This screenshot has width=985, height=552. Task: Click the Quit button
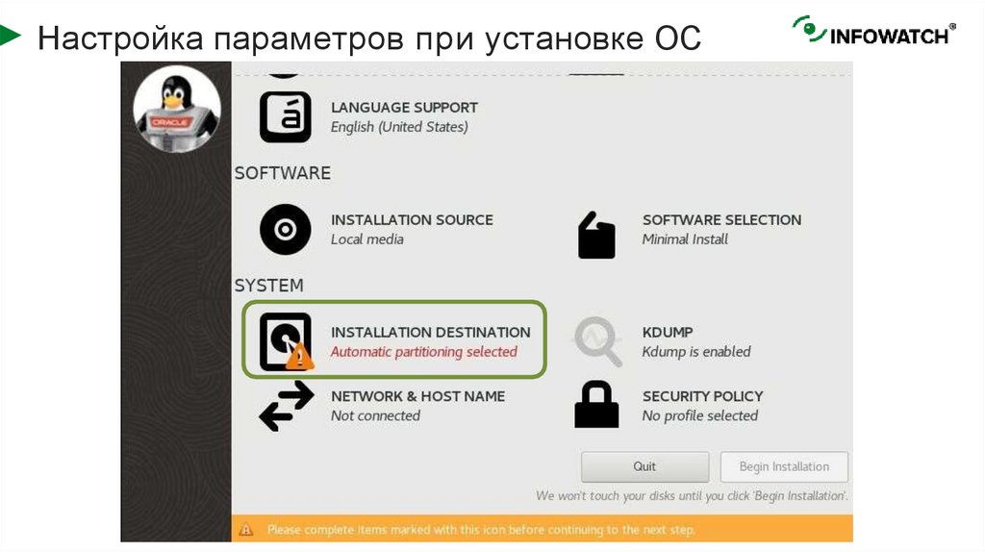pyautogui.click(x=644, y=467)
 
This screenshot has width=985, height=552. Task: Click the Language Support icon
pyautogui.click(x=286, y=117)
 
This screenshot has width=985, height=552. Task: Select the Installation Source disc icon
pyautogui.click(x=286, y=230)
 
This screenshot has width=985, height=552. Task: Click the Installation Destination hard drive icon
pyautogui.click(x=286, y=341)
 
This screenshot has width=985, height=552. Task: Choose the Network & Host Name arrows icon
pyautogui.click(x=286, y=405)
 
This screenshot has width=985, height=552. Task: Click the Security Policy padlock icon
pyautogui.click(x=596, y=405)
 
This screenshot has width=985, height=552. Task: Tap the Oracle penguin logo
pyautogui.click(x=176, y=108)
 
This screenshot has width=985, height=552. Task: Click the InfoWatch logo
pyautogui.click(x=873, y=32)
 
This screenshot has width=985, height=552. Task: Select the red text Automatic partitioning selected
pyautogui.click(x=424, y=352)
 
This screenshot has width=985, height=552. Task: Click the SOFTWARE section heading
pyautogui.click(x=283, y=173)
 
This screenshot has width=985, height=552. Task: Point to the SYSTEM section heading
pyautogui.click(x=269, y=286)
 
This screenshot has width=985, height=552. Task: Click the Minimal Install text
pyautogui.click(x=685, y=239)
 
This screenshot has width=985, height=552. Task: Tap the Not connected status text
pyautogui.click(x=375, y=416)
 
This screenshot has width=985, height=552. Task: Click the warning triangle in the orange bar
pyautogui.click(x=246, y=529)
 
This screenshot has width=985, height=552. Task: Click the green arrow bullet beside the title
pyautogui.click(x=10, y=37)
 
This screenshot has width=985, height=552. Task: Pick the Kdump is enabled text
pyautogui.click(x=696, y=352)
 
